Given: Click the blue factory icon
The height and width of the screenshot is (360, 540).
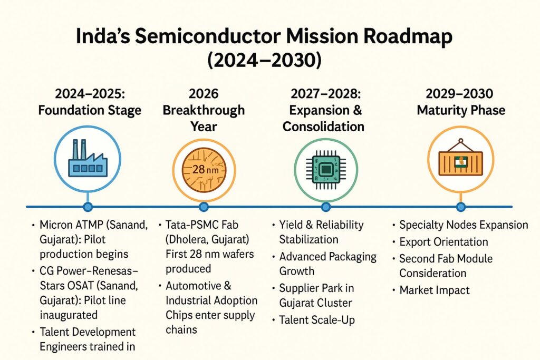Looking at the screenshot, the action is [x=88, y=159].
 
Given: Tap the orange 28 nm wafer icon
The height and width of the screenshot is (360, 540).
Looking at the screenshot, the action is [x=204, y=169].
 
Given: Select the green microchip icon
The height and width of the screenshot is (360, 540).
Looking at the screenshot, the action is [x=326, y=170].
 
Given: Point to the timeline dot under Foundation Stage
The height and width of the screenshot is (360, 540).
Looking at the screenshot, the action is [x=88, y=207].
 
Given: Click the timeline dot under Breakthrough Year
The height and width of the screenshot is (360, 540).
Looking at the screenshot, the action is [x=204, y=207].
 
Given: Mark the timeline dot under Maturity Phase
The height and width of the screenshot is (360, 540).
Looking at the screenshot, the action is [x=461, y=207].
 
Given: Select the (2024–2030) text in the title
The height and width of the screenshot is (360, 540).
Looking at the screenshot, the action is [x=264, y=60].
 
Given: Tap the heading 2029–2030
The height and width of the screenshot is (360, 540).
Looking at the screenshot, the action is [x=459, y=94].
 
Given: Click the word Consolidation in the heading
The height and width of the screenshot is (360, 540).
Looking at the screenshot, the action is [x=323, y=127].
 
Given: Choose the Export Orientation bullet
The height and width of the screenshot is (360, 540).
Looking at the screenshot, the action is [x=443, y=241].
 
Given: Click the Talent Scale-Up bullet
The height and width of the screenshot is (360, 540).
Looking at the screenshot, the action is [x=317, y=320].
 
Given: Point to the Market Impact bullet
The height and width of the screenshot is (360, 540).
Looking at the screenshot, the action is [x=435, y=290].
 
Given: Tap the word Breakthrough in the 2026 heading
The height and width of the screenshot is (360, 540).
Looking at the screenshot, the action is [x=204, y=110].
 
